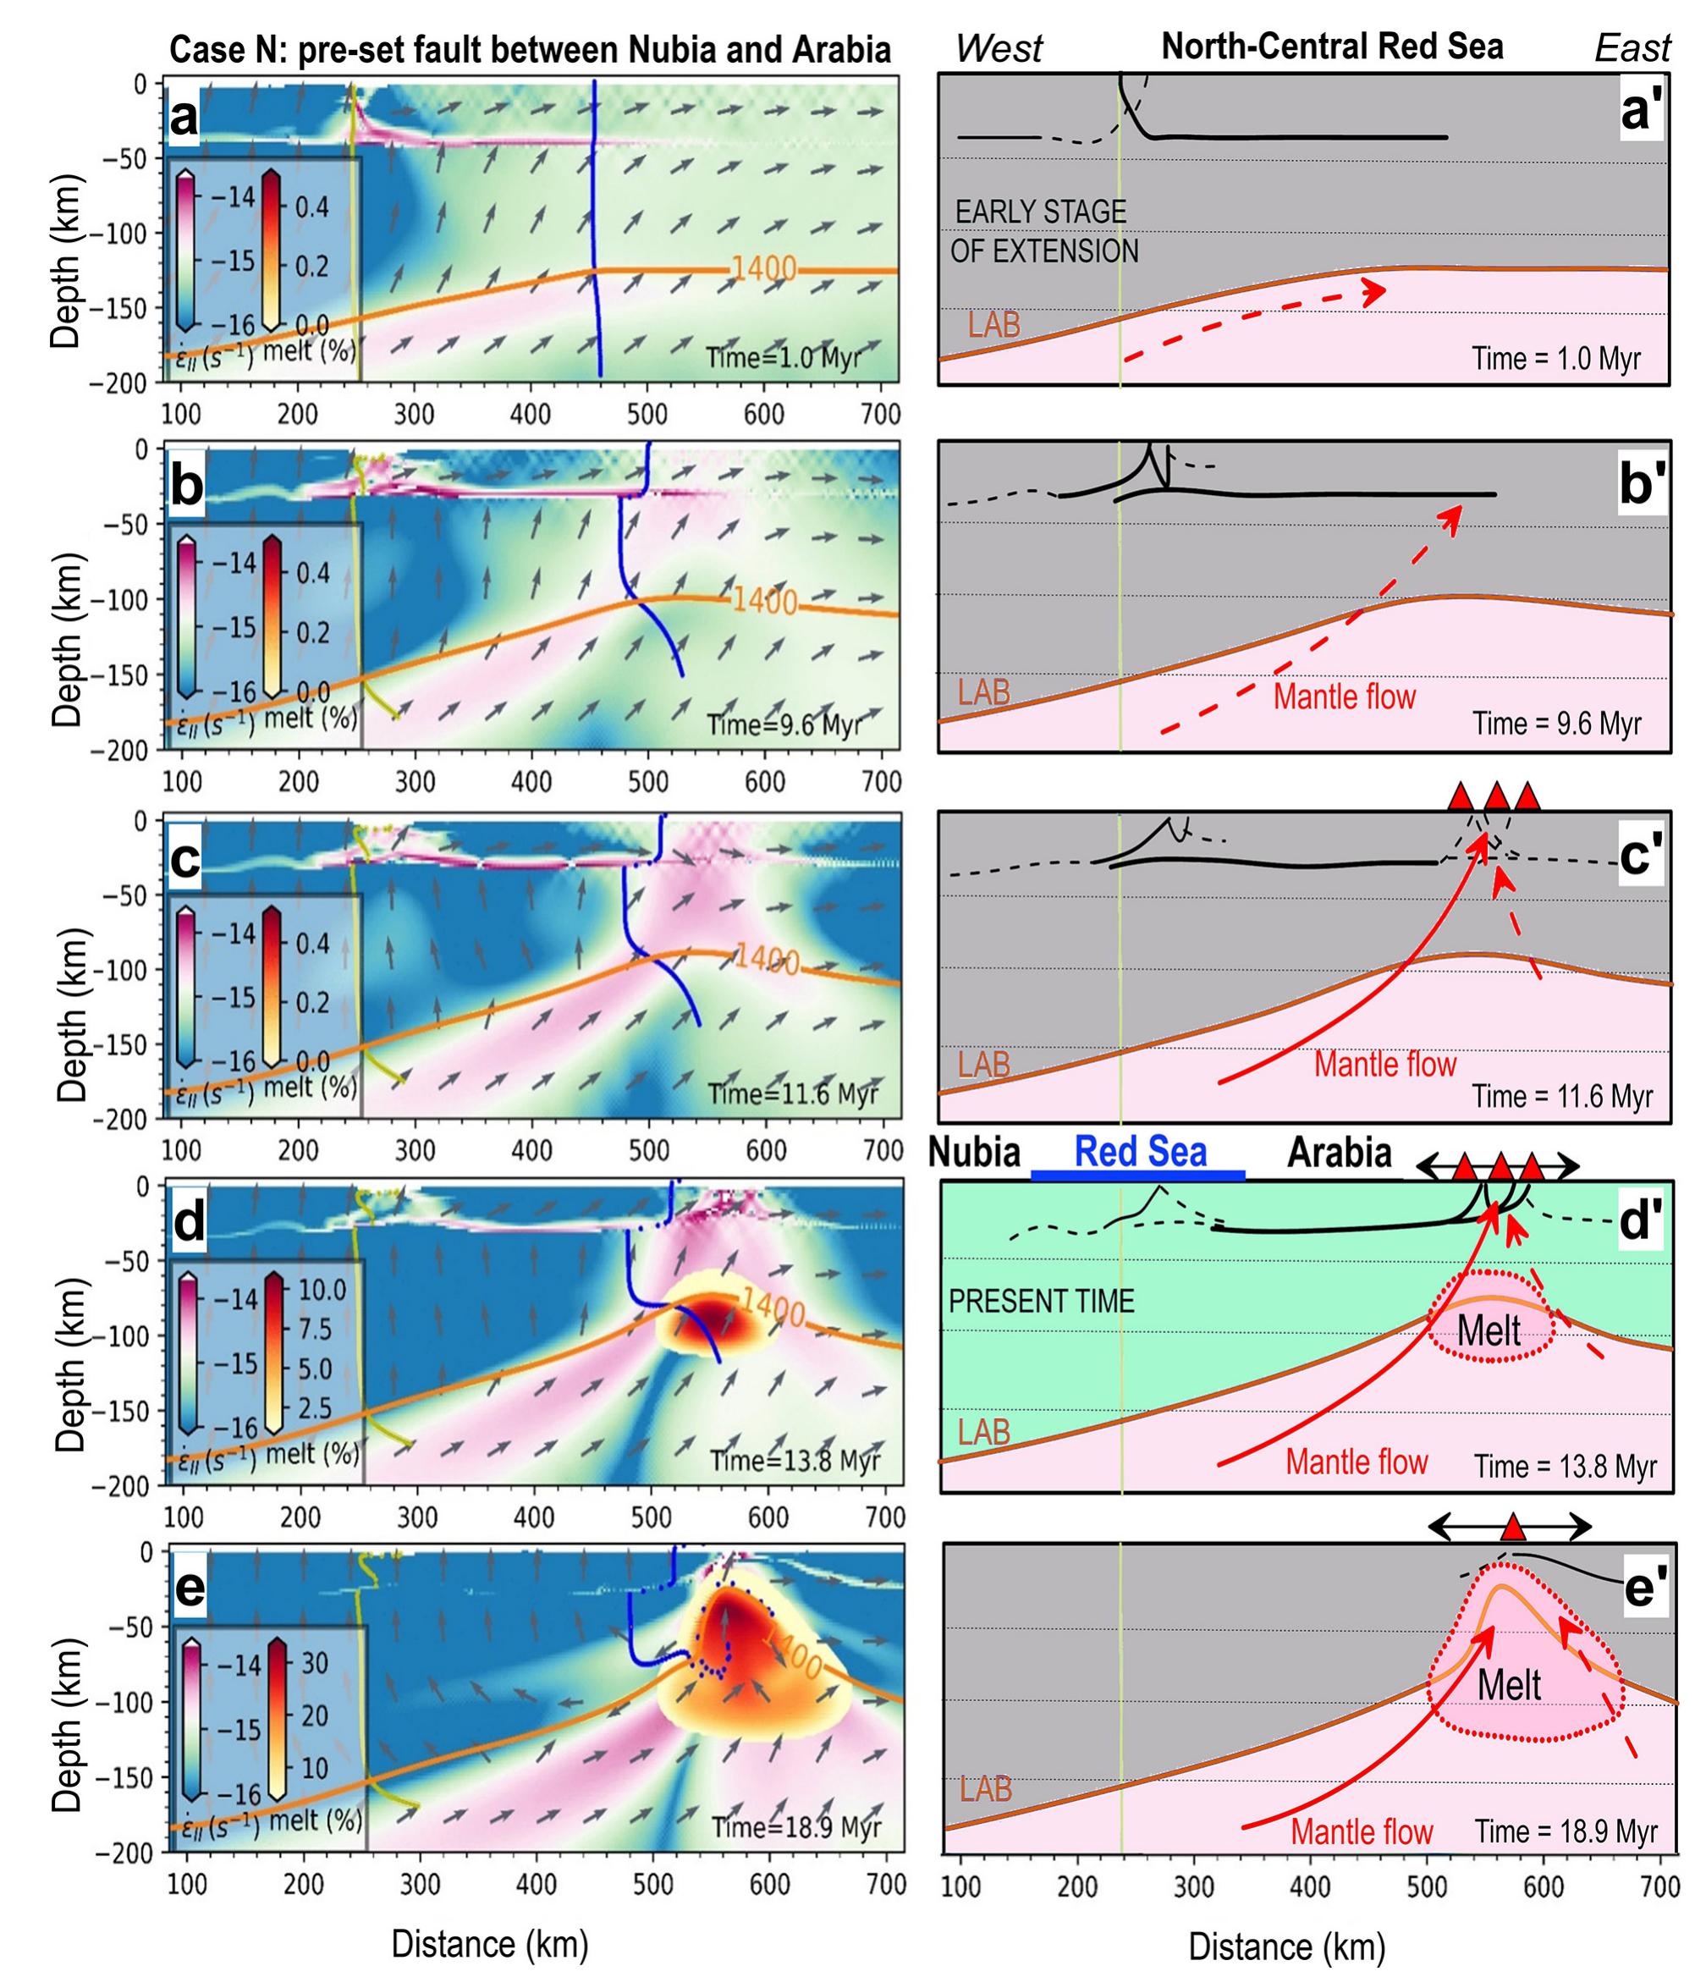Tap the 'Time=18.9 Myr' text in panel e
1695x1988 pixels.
click(795, 1827)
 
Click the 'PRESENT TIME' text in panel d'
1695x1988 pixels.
click(1041, 1301)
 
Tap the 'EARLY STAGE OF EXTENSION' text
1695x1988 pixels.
click(1043, 231)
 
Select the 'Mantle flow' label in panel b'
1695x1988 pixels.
click(1344, 696)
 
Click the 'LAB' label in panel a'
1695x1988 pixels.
click(993, 325)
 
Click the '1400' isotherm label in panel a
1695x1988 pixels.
click(764, 267)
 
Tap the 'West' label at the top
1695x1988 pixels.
click(999, 48)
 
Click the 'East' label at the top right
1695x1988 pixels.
click(1632, 48)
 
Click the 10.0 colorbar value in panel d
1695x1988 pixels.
click(322, 1289)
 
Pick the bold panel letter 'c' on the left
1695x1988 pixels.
click(186, 859)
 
